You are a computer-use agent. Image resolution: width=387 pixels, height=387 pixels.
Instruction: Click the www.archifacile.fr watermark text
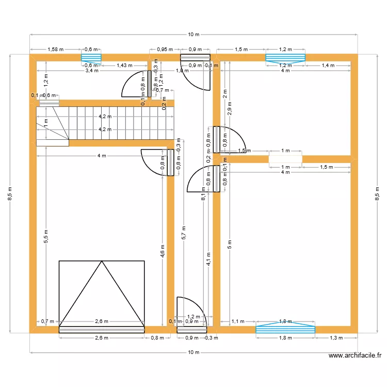click(x=355, y=356)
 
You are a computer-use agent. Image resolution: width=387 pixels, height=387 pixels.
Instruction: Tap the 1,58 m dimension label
click(x=55, y=50)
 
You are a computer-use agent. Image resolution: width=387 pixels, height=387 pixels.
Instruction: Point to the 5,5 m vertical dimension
click(x=46, y=236)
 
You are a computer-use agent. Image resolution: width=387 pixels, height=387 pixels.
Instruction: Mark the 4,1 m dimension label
click(x=208, y=259)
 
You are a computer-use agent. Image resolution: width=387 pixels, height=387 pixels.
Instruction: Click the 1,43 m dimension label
click(x=124, y=66)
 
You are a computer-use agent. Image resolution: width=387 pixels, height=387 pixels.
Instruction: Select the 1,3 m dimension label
click(x=335, y=338)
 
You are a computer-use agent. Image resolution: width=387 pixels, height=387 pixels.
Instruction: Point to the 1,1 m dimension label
click(x=238, y=321)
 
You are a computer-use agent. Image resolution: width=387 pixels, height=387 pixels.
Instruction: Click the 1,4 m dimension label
click(x=328, y=66)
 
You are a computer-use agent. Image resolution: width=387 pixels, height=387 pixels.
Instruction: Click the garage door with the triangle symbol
click(x=102, y=294)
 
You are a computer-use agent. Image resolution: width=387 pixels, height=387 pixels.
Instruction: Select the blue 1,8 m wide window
click(x=285, y=329)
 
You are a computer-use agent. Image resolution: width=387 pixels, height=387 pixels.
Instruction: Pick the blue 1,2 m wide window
click(x=285, y=57)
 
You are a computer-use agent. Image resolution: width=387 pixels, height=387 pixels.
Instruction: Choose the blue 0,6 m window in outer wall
click(x=91, y=57)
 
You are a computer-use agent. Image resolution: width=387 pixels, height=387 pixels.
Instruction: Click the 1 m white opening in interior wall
click(x=285, y=159)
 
